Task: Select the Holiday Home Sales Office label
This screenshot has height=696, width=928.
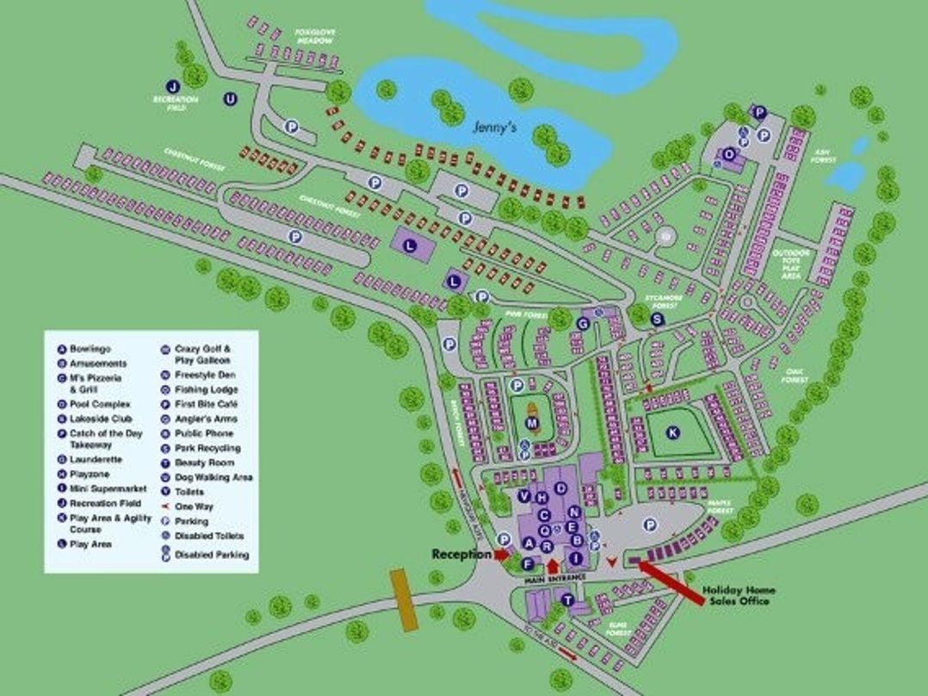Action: (x=739, y=595)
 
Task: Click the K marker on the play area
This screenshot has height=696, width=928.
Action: (x=672, y=432)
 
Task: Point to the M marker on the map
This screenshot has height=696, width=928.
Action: (x=533, y=423)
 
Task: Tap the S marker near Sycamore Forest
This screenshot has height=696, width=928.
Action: (x=658, y=319)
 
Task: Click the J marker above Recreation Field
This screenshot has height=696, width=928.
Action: (x=173, y=86)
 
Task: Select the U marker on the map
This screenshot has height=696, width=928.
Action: (x=230, y=99)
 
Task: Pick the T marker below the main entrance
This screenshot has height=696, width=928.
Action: (x=567, y=600)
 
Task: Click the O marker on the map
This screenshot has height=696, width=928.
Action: (x=730, y=153)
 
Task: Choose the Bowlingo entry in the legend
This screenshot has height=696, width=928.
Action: (x=90, y=349)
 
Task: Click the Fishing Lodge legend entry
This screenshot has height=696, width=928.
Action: (x=206, y=389)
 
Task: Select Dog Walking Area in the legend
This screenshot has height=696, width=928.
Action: (x=213, y=477)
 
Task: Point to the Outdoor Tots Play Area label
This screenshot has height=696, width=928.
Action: (x=791, y=264)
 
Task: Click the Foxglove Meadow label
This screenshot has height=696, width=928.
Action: (x=314, y=36)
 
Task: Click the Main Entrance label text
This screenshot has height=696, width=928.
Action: (x=555, y=577)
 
